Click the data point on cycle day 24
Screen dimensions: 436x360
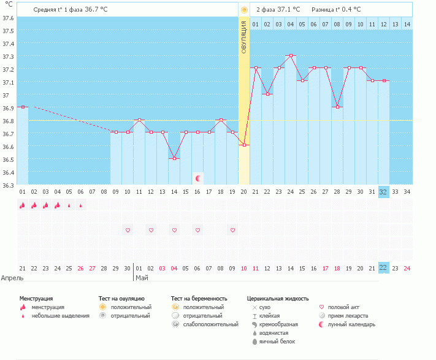tap(291, 56)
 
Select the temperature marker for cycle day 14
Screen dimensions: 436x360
tap(174, 158)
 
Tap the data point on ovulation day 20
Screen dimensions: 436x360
tap(244, 145)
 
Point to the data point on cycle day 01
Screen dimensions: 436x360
tap(23, 107)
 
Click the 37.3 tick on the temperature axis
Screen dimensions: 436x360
tap(8, 56)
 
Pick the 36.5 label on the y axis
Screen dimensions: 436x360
tap(8, 159)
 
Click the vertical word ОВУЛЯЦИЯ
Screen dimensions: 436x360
tap(244, 37)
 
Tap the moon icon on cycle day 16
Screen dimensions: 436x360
tap(197, 178)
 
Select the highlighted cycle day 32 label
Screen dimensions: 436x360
tap(383, 192)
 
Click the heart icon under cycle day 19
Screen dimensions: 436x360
tap(233, 230)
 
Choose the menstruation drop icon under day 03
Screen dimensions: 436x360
tap(45, 205)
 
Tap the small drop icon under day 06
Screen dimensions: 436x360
tap(80, 205)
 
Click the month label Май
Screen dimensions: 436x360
tap(142, 278)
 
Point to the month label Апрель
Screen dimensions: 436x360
tap(12, 278)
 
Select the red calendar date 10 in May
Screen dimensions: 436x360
tap(244, 268)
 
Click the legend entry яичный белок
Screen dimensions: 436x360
tap(277, 342)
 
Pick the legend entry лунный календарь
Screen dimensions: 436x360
tap(351, 324)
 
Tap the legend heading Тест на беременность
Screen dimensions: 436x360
tap(199, 299)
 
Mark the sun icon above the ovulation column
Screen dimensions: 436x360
tap(244, 10)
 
